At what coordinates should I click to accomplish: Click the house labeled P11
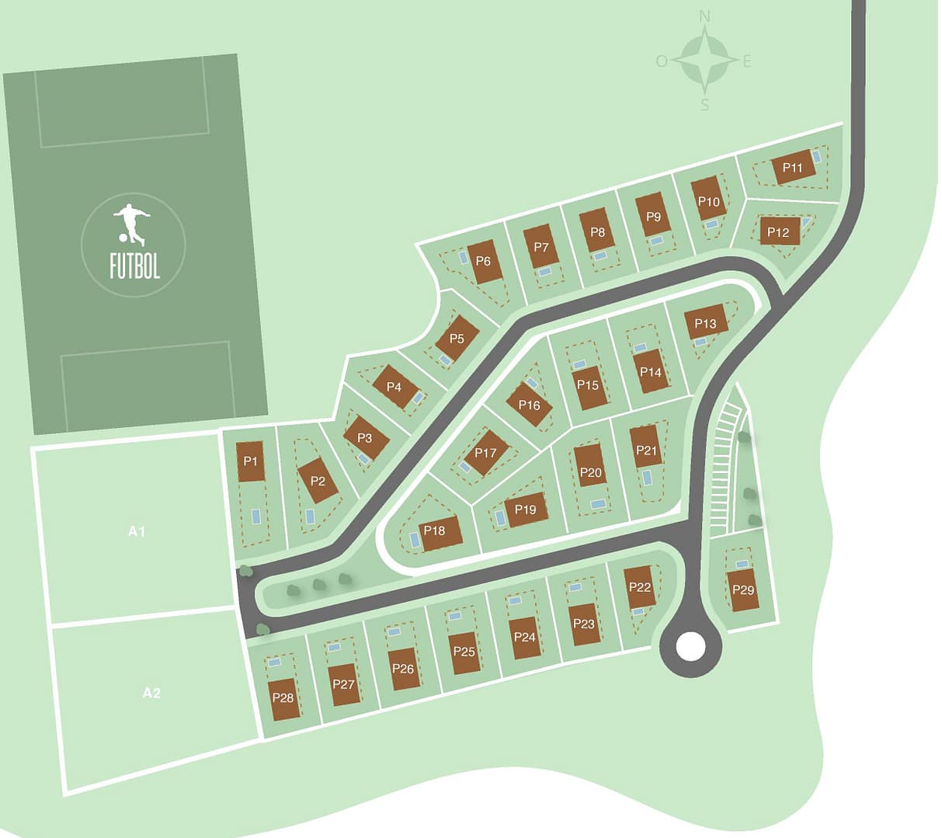793,169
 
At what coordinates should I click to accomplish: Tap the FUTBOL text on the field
134,266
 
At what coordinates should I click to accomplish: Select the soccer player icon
131,223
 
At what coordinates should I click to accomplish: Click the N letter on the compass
704,16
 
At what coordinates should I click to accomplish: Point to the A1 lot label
137,532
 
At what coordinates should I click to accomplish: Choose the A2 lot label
151,693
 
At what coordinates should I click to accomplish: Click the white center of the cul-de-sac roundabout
690,645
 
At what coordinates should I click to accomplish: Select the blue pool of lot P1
255,516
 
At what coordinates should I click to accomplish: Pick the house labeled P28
283,698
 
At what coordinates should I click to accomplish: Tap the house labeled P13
706,322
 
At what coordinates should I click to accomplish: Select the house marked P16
530,405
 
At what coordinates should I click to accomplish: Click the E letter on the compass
747,61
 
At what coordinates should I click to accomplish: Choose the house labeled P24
525,638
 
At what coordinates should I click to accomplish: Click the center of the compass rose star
704,60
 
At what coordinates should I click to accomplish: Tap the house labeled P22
641,586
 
